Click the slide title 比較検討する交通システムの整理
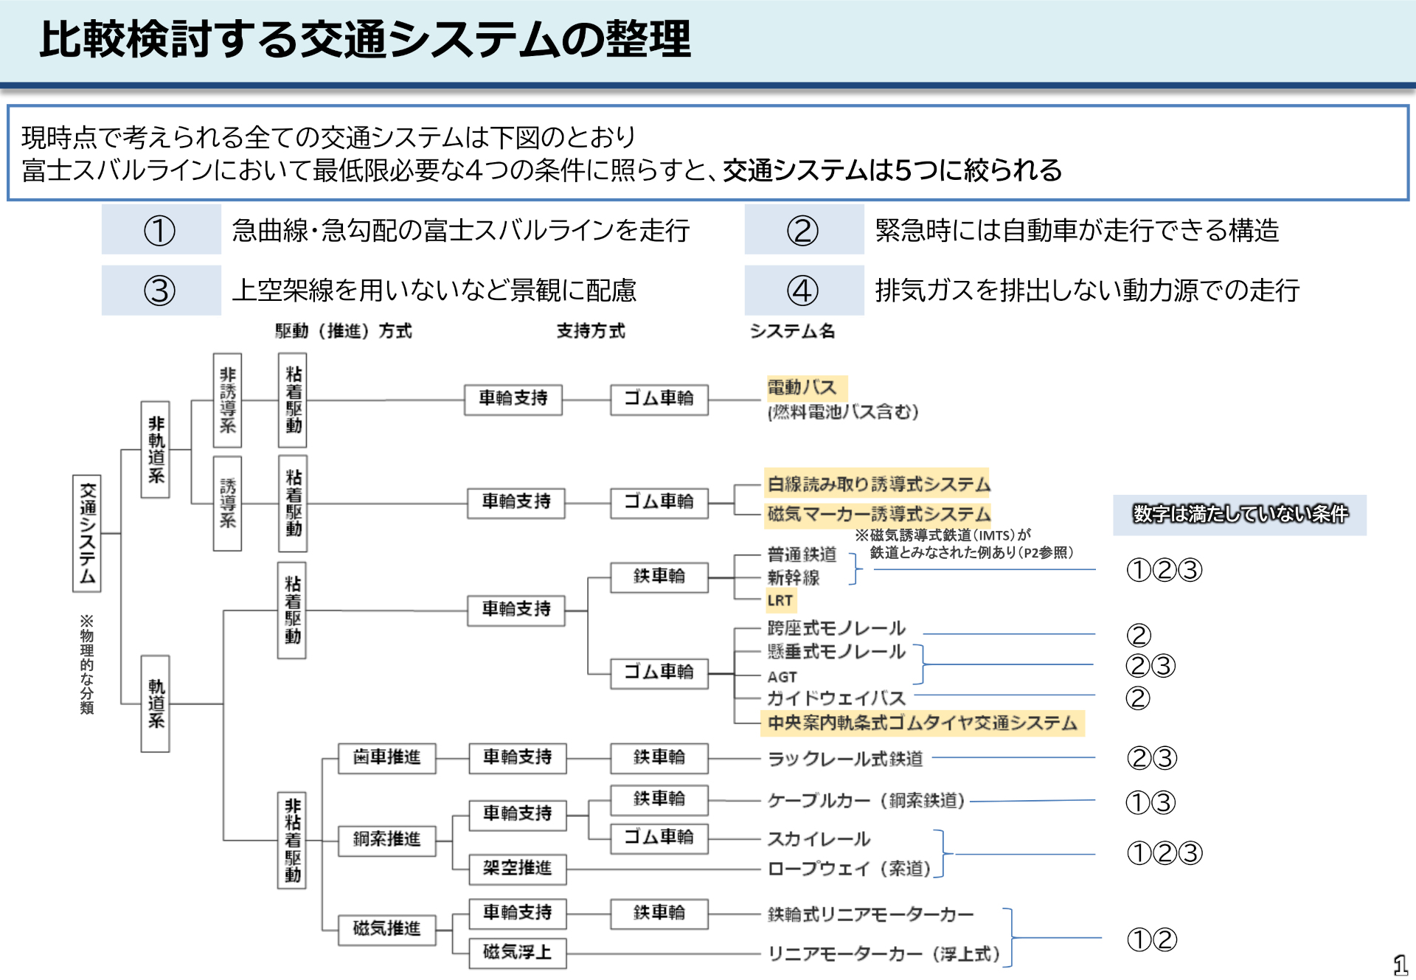[x=365, y=39]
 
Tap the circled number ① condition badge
[x=160, y=230]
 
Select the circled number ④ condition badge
[x=803, y=291]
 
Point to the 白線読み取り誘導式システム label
[x=878, y=484]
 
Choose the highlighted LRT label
[x=780, y=600]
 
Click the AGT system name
[x=782, y=676]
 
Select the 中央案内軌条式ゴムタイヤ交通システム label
[x=922, y=723]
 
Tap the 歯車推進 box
[x=386, y=757]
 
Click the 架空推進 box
[x=518, y=868]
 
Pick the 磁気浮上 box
[x=518, y=952]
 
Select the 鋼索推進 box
[x=386, y=839]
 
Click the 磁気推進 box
[x=386, y=928]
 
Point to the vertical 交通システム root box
[x=87, y=532]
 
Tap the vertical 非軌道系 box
[x=156, y=449]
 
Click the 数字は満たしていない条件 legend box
[x=1240, y=514]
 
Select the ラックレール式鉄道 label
[x=845, y=759]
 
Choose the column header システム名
[x=792, y=331]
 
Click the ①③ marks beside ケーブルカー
[x=1150, y=802]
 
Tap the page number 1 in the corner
[x=1400, y=965]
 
